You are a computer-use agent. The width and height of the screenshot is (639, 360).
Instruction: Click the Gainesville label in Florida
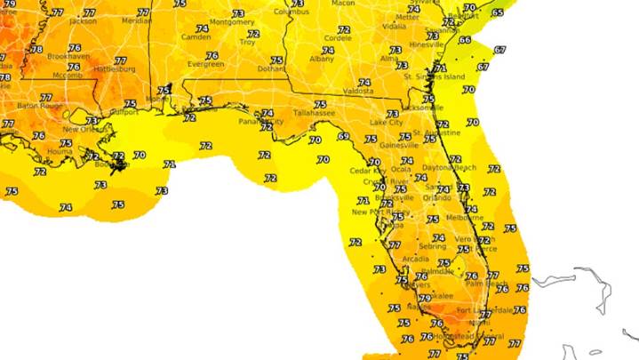(399, 145)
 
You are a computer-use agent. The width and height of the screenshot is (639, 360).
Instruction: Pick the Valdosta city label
(358, 91)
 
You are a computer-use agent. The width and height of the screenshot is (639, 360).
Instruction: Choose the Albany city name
(322, 59)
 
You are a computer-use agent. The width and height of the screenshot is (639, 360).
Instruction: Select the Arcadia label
(415, 259)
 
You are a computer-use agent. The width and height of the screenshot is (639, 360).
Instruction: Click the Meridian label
(135, 20)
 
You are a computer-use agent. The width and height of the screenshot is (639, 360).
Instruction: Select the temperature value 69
(343, 136)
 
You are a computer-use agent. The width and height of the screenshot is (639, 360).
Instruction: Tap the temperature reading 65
(498, 12)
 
